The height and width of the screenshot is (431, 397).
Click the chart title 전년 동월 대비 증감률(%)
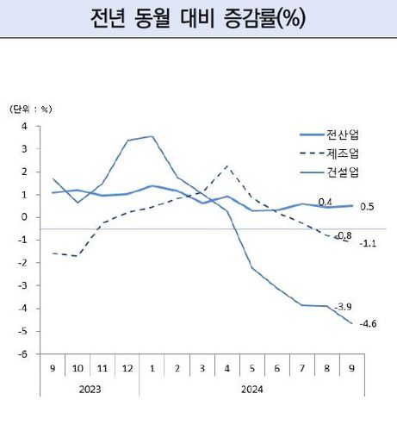197,18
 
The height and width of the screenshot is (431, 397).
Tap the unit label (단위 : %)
30,109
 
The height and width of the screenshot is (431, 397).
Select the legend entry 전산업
344,134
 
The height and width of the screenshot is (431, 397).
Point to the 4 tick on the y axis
24,126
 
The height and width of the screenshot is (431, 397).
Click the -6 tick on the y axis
23,354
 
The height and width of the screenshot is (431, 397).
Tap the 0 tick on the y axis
24,217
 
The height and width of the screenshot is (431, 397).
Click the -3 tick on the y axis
23,285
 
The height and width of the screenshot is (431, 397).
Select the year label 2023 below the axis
90,389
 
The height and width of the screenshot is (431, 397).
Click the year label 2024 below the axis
251,389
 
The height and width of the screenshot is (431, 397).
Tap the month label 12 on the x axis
127,368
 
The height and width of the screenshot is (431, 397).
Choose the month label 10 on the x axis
78,368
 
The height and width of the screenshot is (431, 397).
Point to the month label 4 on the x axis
226,368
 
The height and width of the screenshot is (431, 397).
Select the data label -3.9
344,307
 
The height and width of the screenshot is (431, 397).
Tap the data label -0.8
344,234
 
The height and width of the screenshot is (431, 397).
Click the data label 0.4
326,202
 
